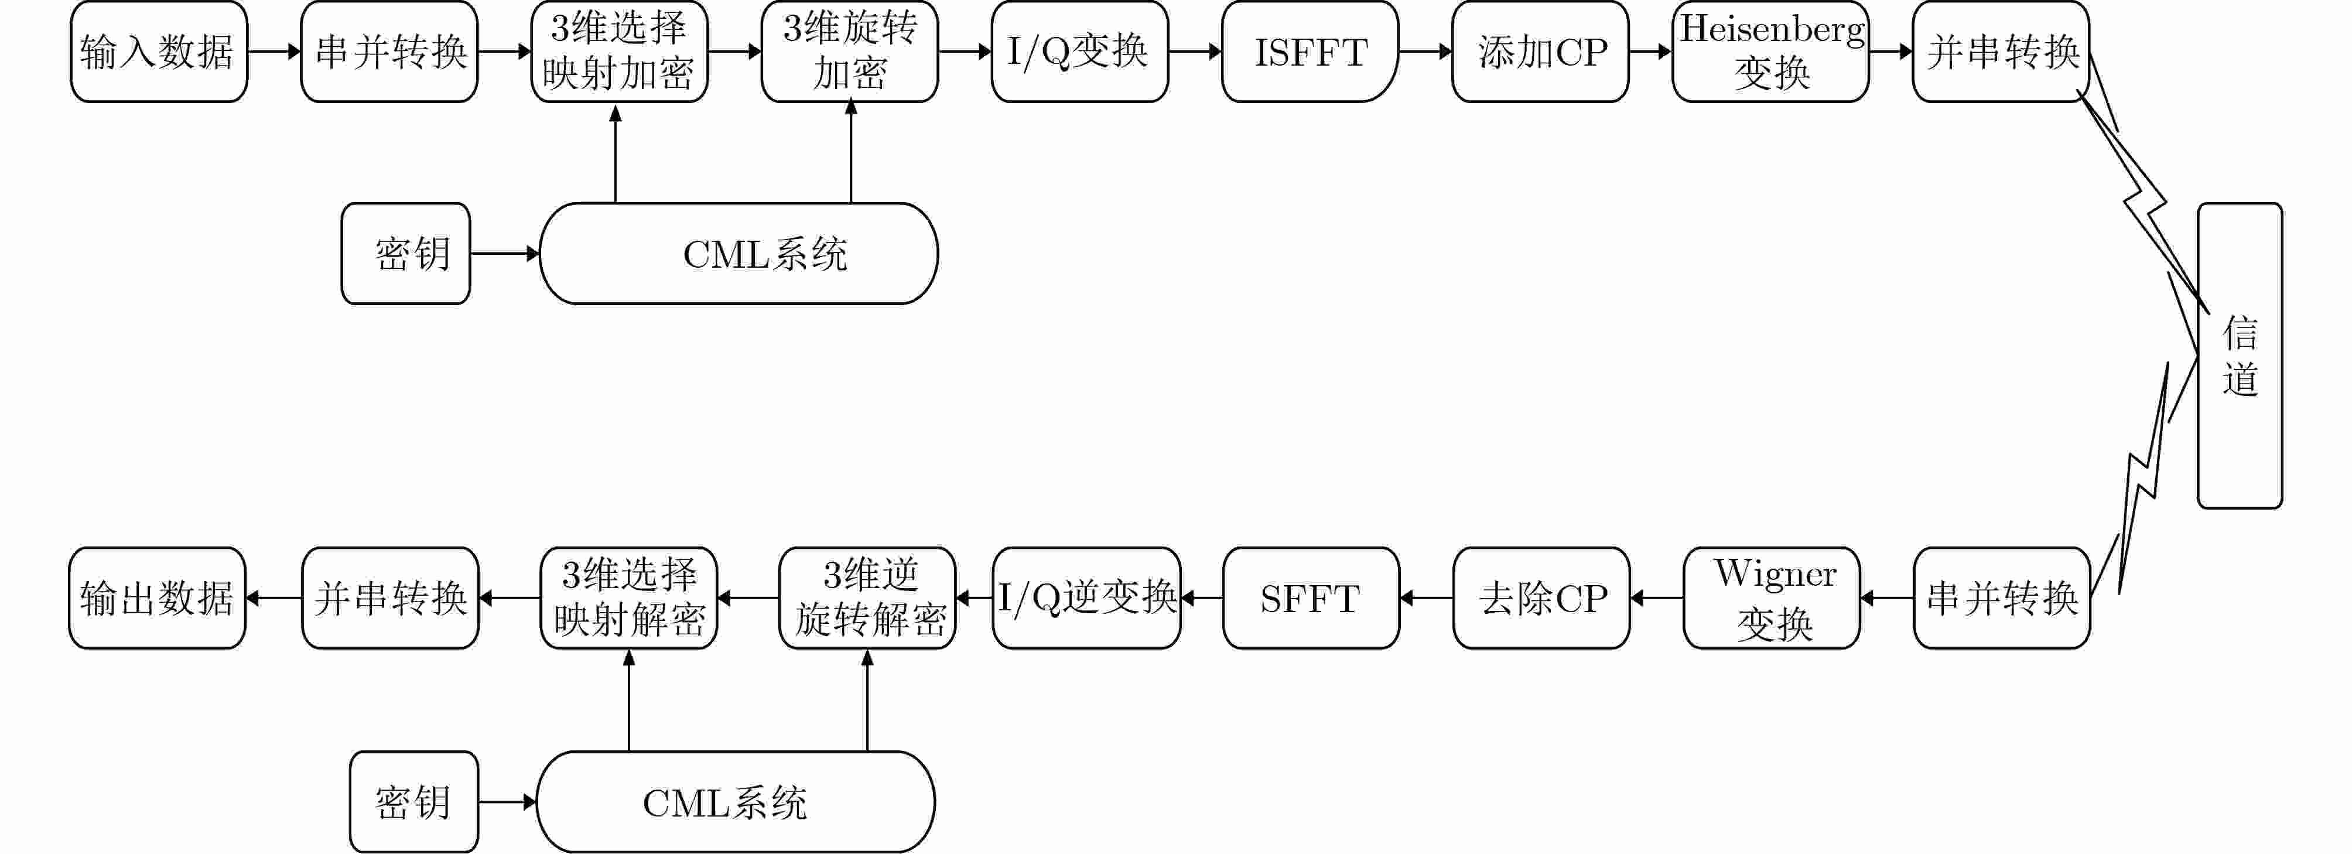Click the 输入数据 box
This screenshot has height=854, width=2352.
tap(159, 51)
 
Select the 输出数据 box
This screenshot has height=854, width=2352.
tap(157, 598)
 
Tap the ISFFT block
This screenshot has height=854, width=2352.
tap(1310, 51)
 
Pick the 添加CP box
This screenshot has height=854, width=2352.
tap(1540, 51)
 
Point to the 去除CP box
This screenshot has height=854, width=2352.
tap(1541, 598)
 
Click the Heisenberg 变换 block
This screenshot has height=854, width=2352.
tap(1770, 51)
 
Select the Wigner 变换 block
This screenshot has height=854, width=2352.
tap(1771, 598)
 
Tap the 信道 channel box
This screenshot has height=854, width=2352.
tap(2240, 356)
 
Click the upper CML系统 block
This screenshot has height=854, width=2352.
tap(739, 253)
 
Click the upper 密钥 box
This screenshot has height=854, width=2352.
tap(405, 253)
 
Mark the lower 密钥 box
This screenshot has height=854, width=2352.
tap(413, 802)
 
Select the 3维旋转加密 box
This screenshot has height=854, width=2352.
tap(849, 51)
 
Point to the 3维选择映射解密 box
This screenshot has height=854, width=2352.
tap(629, 598)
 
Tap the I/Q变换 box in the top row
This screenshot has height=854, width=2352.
tap(1079, 51)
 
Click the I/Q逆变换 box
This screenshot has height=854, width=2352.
tap(1086, 598)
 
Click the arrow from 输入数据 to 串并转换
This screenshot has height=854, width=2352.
tap(274, 51)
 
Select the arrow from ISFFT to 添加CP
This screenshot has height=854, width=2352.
tap(1425, 51)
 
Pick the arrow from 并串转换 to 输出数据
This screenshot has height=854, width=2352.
tap(274, 598)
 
